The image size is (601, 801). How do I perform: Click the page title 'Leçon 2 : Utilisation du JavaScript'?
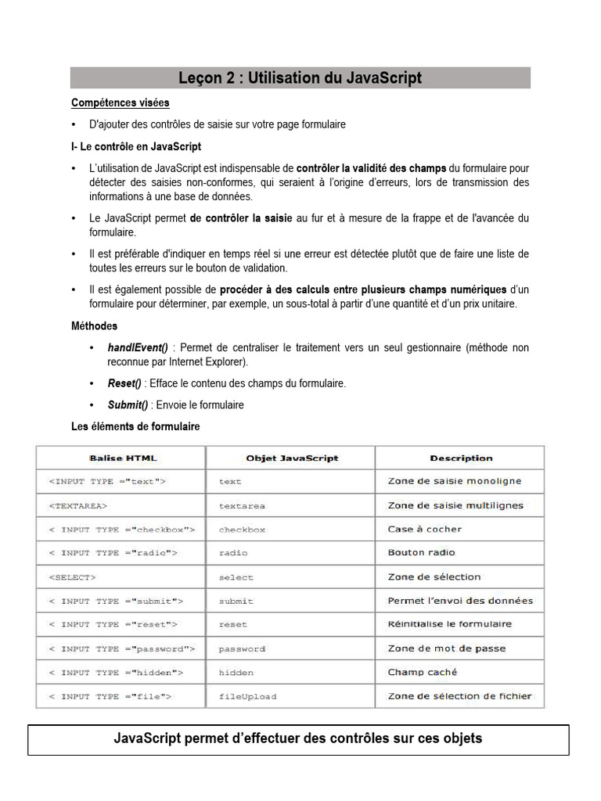point(300,78)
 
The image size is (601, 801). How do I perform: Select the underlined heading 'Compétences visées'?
point(121,102)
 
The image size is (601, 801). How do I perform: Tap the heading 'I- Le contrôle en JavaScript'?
point(136,146)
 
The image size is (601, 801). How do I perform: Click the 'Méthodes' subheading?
point(95,325)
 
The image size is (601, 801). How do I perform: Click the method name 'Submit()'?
point(128,404)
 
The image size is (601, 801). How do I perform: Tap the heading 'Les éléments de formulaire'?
point(135,426)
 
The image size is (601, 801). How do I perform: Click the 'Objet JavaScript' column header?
point(292,458)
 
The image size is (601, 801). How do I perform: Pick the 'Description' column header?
point(461,458)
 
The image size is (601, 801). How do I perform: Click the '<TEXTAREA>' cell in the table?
point(78,506)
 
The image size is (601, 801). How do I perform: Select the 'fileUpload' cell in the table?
point(247,696)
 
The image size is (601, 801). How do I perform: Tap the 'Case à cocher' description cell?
point(425,530)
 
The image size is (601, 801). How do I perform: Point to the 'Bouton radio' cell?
point(421,553)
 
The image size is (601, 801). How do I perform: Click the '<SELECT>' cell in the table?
point(72,577)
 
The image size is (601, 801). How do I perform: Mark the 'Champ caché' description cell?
point(423,672)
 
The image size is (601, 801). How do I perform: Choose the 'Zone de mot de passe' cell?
point(446,648)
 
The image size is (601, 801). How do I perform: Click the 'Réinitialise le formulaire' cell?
point(449,624)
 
